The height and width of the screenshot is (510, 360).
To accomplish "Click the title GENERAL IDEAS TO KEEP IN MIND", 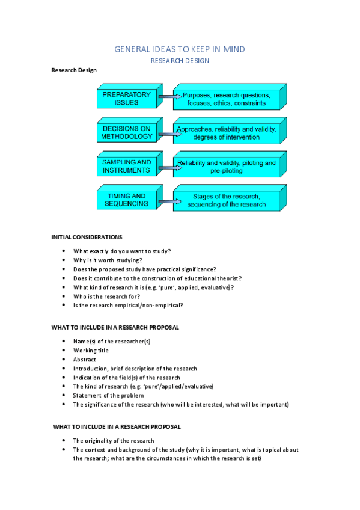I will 180,49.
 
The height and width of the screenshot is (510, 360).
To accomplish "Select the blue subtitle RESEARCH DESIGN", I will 180,61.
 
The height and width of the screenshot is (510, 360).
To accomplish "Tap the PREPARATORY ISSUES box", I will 126,99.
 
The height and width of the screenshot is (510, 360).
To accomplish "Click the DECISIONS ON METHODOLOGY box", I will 126,133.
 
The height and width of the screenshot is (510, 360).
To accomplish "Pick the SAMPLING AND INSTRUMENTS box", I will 126,167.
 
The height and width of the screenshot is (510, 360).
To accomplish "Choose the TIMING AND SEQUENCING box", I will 126,200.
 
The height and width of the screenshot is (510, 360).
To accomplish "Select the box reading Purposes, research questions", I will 226,99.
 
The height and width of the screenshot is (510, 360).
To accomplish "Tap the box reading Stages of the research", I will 226,200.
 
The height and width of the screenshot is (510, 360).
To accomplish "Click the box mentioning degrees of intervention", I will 226,133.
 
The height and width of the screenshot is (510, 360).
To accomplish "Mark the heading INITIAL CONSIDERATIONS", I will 87,237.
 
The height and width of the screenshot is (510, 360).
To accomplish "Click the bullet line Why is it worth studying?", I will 108,260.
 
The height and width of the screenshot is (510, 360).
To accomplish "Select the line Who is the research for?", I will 106,296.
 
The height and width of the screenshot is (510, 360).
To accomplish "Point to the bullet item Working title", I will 91,350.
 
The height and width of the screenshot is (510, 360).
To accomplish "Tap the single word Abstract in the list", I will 85,359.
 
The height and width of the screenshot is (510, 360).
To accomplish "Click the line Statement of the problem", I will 108,395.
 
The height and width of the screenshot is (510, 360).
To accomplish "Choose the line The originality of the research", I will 113,441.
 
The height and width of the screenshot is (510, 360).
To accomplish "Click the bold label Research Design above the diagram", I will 74,70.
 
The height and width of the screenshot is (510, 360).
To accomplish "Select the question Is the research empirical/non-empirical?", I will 128,305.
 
